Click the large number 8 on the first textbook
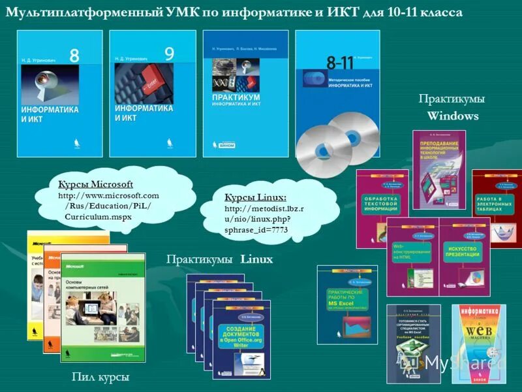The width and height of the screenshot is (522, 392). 74,56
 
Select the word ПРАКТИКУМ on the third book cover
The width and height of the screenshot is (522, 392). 232,96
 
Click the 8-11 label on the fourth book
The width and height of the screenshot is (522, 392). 339,62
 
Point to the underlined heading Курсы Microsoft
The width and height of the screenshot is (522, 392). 95,184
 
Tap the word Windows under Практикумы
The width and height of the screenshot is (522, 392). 453,116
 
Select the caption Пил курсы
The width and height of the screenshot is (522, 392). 100,377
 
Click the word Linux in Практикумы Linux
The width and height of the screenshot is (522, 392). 256,259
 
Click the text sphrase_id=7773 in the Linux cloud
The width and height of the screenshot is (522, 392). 256,230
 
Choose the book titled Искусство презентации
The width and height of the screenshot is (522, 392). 464,252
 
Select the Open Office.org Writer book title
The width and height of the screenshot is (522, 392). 245,338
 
